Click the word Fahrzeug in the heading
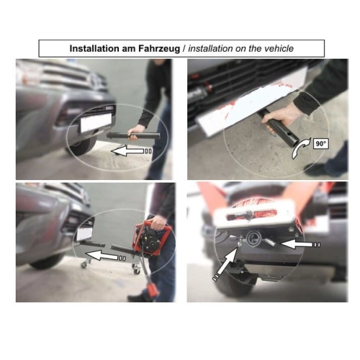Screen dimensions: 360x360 [x=158, y=48]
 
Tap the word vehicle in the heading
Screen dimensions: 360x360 [x=279, y=48]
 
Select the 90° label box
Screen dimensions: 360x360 [x=320, y=144]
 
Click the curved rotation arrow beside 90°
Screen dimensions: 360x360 [x=300, y=150]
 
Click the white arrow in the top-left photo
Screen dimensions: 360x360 [x=131, y=151]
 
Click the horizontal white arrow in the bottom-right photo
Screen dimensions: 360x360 [x=300, y=245]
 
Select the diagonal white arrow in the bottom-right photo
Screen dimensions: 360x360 [x=225, y=263]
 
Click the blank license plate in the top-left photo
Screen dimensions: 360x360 [x=96, y=122]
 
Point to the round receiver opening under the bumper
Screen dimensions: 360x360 [x=253, y=239]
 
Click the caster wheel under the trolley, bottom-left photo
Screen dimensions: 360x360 [x=136, y=271]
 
